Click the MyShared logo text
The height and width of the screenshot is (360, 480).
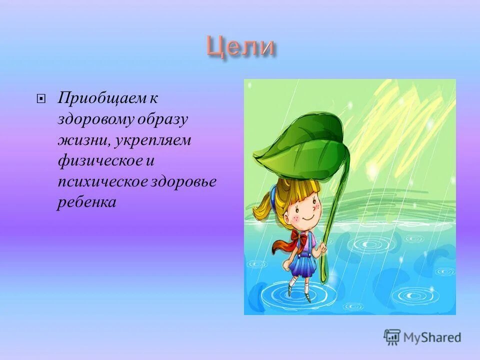433,337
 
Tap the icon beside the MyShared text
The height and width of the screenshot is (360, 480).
392,337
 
